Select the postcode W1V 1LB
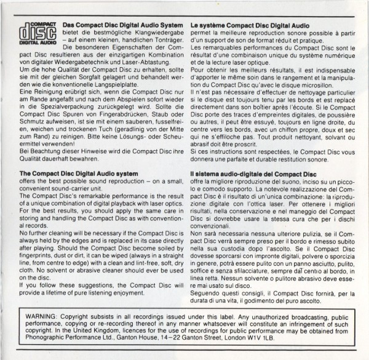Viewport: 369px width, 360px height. coord(280,337)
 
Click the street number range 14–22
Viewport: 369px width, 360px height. coord(184,337)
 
